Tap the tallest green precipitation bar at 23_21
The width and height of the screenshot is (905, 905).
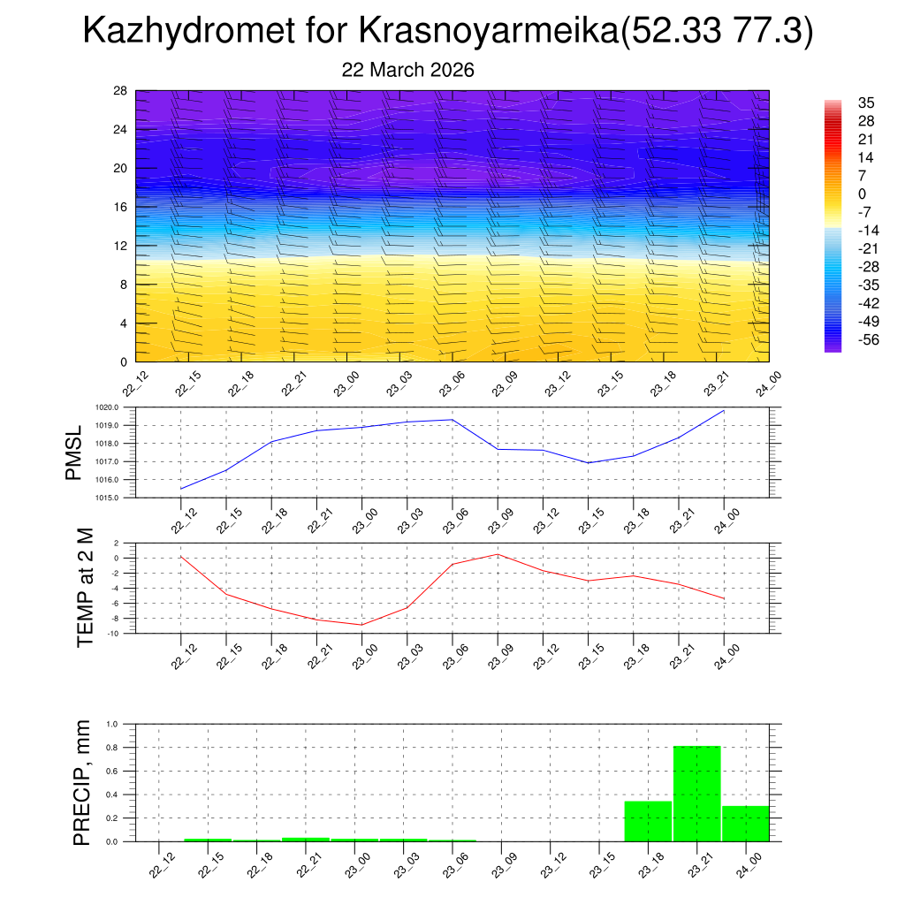coord(697,794)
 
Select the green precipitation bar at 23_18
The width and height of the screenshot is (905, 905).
coord(648,821)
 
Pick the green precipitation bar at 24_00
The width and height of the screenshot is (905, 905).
coord(745,824)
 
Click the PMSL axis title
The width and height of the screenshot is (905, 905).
coord(73,452)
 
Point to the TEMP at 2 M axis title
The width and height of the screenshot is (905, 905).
coord(85,587)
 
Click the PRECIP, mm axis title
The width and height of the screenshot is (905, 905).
coord(82,782)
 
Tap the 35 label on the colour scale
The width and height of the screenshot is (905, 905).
coord(866,103)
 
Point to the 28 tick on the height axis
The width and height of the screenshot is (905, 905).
coord(120,90)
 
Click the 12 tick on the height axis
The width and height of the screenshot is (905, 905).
coord(120,246)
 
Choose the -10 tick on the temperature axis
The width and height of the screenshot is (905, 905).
coord(114,634)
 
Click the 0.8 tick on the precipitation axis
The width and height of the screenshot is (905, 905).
coord(113,748)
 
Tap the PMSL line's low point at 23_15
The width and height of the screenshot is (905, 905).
coord(588,463)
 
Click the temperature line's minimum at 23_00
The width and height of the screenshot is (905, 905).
coord(361,625)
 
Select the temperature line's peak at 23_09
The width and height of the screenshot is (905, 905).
coord(498,554)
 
